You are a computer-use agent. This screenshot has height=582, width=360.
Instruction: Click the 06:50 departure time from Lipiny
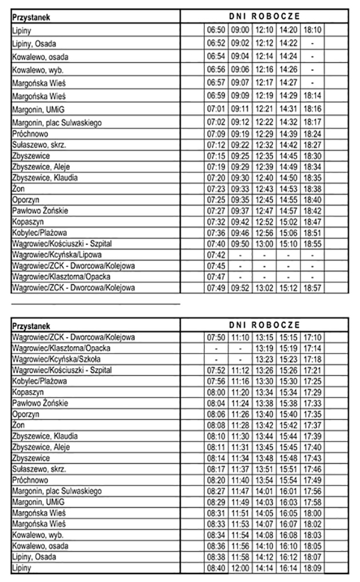tap(216, 28)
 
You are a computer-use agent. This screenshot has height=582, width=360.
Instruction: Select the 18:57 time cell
tap(313, 288)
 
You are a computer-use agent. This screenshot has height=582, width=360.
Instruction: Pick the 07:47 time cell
tap(216, 276)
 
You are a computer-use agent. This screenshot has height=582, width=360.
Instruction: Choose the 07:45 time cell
tap(216, 266)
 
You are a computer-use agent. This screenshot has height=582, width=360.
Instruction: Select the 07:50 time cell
tap(216, 338)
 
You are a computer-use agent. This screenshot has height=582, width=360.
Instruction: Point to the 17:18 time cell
tap(313, 359)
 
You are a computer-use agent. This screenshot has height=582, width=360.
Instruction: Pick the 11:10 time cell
tap(241, 338)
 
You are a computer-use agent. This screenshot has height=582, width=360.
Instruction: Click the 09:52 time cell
tap(241, 288)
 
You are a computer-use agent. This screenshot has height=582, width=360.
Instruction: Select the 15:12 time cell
tap(289, 288)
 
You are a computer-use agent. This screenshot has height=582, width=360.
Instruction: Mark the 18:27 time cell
tap(313, 145)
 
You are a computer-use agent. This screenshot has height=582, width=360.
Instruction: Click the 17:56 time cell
tap(313, 491)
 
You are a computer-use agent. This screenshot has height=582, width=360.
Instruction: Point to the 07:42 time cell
tap(216, 255)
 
